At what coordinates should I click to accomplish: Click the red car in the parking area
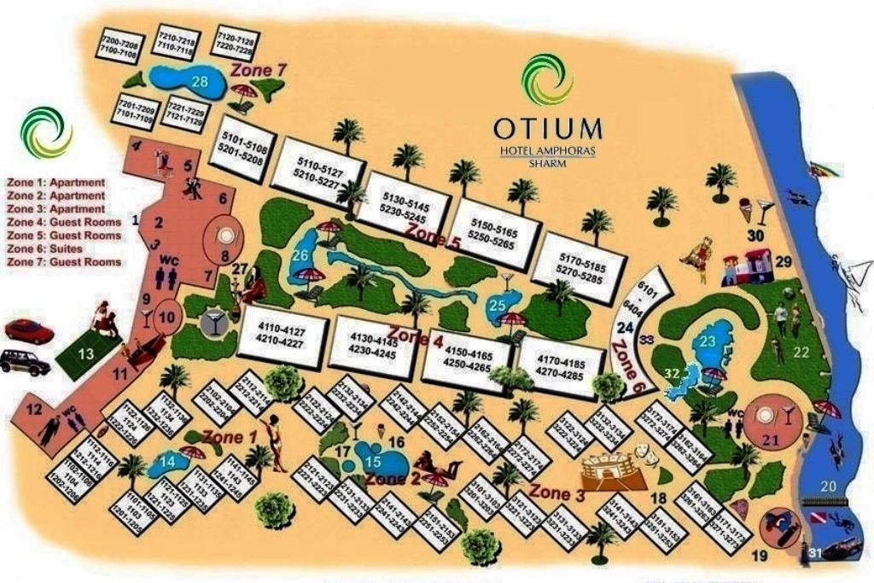coord(28,330)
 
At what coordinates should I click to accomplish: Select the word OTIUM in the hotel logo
coord(547,127)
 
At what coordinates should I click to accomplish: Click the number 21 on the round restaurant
coord(772,440)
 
